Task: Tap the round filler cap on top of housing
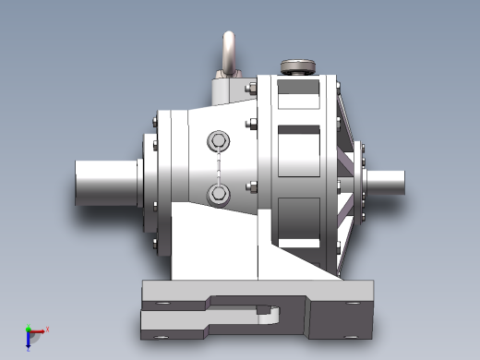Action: click(298, 66)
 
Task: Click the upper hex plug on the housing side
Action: click(219, 141)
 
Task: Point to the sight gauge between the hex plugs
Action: click(219, 167)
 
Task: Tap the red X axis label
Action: click(47, 329)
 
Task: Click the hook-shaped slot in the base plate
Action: click(268, 316)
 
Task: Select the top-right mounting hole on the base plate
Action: click(350, 301)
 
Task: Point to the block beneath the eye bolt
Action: click(230, 91)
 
